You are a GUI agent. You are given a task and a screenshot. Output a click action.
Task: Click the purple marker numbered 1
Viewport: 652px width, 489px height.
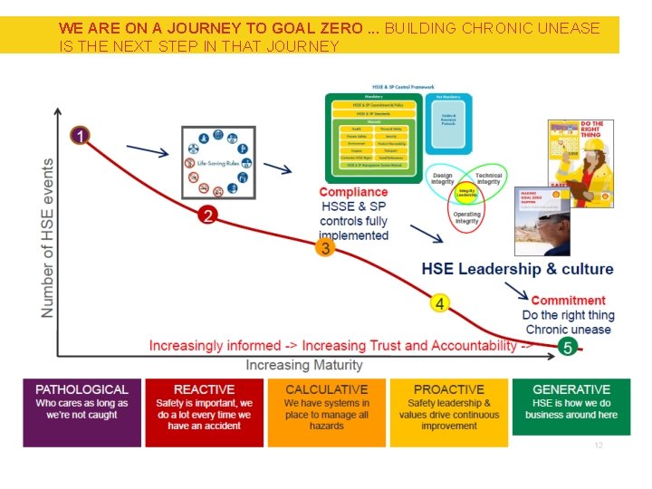(81, 136)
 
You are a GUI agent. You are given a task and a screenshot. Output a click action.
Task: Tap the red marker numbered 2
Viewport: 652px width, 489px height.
(208, 215)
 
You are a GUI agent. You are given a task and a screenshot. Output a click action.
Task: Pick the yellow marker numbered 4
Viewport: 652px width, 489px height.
(439, 303)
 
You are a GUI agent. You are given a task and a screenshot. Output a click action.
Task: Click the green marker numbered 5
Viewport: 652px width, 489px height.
(568, 347)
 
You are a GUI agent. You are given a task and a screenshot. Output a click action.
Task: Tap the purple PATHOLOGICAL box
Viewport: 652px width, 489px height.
(81, 411)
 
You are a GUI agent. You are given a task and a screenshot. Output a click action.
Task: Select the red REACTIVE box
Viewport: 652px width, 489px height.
(205, 411)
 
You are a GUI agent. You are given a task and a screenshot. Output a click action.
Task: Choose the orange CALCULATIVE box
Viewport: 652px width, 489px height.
(327, 411)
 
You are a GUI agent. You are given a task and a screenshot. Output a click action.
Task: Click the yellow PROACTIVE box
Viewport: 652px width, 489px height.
(449, 411)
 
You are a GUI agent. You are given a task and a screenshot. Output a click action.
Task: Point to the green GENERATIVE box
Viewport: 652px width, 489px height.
(571, 411)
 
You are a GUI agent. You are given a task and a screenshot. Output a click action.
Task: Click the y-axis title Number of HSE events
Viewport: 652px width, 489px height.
(47, 237)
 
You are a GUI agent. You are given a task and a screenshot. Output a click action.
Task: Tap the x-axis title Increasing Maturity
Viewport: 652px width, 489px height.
(304, 365)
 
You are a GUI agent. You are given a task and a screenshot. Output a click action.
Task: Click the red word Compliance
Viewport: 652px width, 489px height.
(353, 192)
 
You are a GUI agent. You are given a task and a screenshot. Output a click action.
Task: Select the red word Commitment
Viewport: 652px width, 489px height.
(568, 301)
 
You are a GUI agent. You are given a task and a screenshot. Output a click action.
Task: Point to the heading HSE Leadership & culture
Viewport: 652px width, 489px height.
(517, 269)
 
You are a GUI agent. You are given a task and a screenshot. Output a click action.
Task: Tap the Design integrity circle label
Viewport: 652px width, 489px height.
(443, 178)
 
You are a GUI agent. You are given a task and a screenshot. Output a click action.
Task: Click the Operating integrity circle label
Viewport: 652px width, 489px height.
(467, 217)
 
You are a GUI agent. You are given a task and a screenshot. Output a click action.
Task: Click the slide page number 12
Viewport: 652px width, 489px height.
(598, 446)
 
